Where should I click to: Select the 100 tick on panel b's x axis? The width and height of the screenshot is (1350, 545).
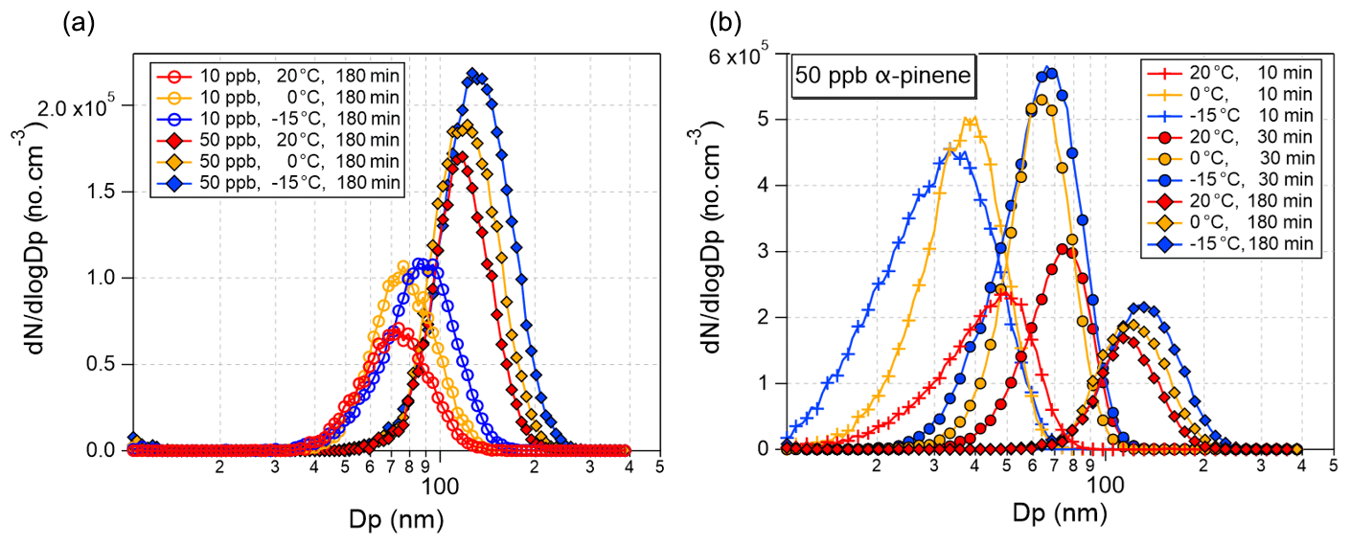coord(1106,485)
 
